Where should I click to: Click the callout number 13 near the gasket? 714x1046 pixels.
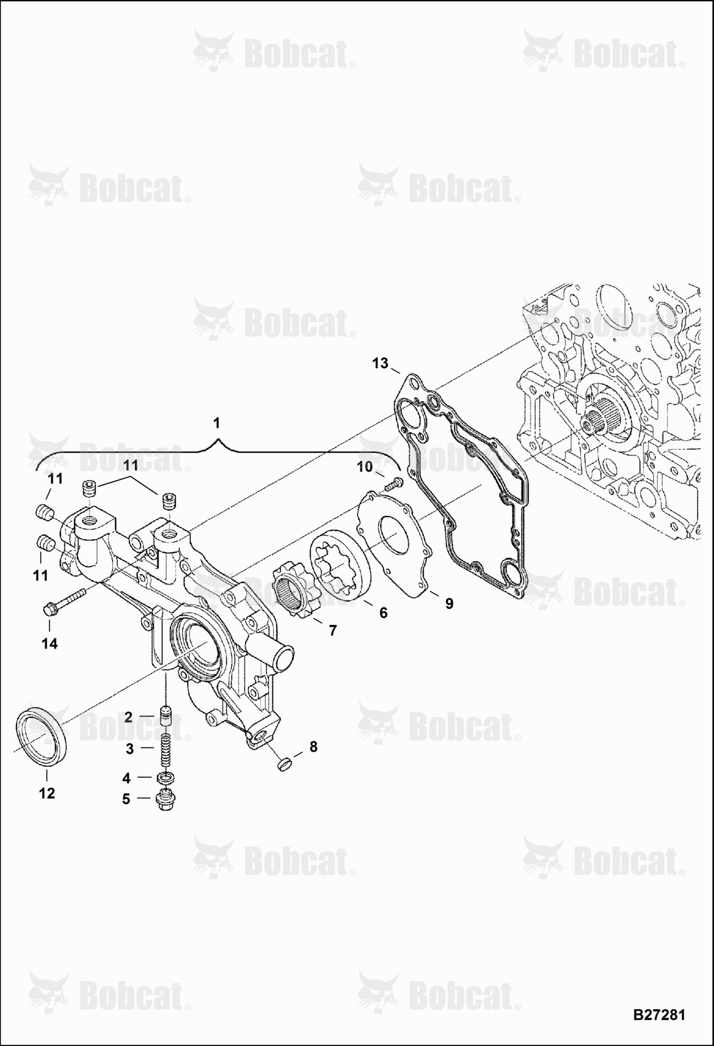(x=380, y=363)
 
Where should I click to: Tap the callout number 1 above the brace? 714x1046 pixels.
(x=218, y=423)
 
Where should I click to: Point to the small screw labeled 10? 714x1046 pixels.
(x=395, y=484)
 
